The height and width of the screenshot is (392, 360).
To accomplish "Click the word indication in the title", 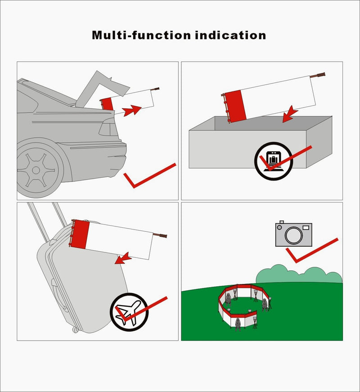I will coord(230,35).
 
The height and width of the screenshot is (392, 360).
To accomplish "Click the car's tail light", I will coord(108,130).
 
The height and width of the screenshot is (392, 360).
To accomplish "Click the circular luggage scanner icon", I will coord(273,159).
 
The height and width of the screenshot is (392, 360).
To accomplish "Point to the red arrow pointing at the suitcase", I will coord(123,257).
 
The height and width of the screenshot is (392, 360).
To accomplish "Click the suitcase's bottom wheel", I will coord(75,330).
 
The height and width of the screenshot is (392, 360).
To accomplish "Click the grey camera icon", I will coord(293,234).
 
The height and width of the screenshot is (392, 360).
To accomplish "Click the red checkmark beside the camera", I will coord(310,252).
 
